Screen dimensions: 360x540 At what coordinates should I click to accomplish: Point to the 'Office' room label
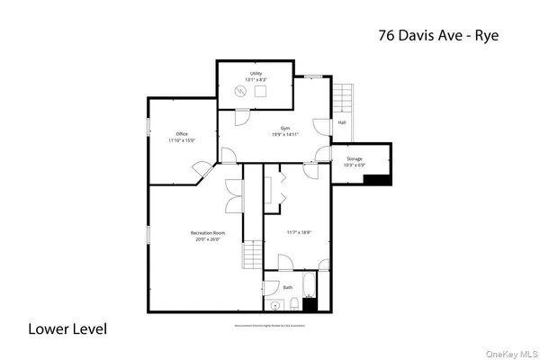[x=181, y=133]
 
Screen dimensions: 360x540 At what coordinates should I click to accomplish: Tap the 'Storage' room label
[x=354, y=159]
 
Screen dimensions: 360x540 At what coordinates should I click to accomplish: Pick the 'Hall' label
[x=342, y=123]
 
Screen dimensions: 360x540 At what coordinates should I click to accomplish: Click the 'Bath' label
[x=288, y=287]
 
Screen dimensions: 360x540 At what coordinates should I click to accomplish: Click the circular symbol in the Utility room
[x=240, y=90]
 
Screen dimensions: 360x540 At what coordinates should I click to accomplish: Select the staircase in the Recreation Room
[x=252, y=257]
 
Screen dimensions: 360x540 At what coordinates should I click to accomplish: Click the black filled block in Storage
[x=376, y=178]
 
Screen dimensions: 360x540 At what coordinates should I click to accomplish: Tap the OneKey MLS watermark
[x=512, y=352]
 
